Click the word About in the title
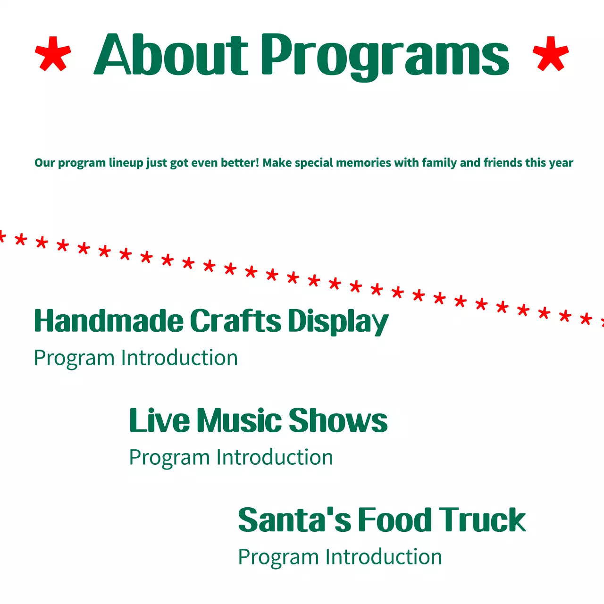click(x=171, y=55)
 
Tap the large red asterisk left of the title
click(x=53, y=54)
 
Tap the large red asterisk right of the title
click(x=551, y=54)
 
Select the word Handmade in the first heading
click(x=109, y=321)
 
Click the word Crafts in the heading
click(x=235, y=321)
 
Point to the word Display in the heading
click(x=338, y=323)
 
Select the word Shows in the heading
click(x=338, y=420)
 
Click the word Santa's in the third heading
click(x=294, y=520)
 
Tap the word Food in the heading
click(x=395, y=520)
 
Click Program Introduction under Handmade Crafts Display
click(x=136, y=358)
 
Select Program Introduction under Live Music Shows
click(x=231, y=458)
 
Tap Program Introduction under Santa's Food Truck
click(x=340, y=557)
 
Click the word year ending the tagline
click(x=561, y=164)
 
